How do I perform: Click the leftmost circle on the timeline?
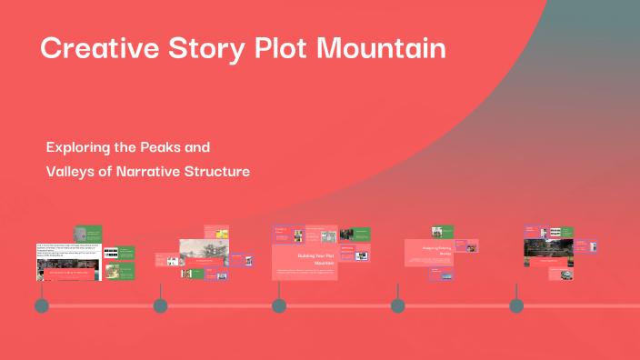coord(41,305)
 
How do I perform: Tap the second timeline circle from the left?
coord(160,305)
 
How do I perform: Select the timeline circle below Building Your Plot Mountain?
coord(279,305)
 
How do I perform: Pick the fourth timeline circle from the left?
coord(397,305)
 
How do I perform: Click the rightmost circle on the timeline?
coord(516,305)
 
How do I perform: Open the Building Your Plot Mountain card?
coord(305,262)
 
